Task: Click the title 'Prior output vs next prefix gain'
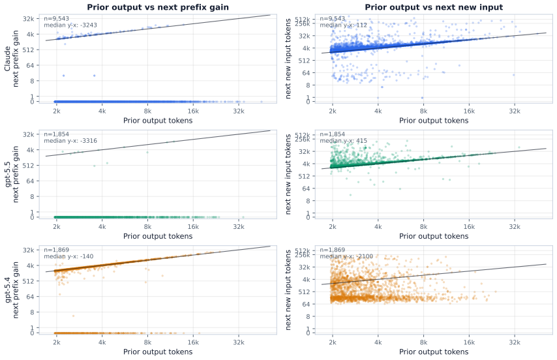(x=158, y=7)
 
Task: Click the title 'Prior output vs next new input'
(x=434, y=7)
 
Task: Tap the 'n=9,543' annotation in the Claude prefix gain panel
(x=57, y=18)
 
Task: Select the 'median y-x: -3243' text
(x=70, y=25)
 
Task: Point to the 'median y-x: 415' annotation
(x=344, y=141)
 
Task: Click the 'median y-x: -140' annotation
(x=68, y=256)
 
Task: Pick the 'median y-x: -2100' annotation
(x=346, y=256)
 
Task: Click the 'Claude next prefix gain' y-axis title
(x=11, y=59)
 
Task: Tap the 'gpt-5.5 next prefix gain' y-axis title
(x=11, y=174)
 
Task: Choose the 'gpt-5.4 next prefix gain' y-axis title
(x=11, y=290)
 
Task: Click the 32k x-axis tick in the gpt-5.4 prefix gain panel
(x=239, y=342)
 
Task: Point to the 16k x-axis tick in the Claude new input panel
(x=469, y=111)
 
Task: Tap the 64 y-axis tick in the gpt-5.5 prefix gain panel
(x=30, y=181)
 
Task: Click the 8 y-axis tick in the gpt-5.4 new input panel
(x=308, y=316)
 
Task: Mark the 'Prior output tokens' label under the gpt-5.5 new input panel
(x=434, y=236)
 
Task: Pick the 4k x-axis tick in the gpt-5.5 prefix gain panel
(x=102, y=226)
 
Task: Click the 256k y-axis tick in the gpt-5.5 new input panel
(x=303, y=139)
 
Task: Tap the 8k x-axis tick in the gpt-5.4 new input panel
(x=423, y=342)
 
